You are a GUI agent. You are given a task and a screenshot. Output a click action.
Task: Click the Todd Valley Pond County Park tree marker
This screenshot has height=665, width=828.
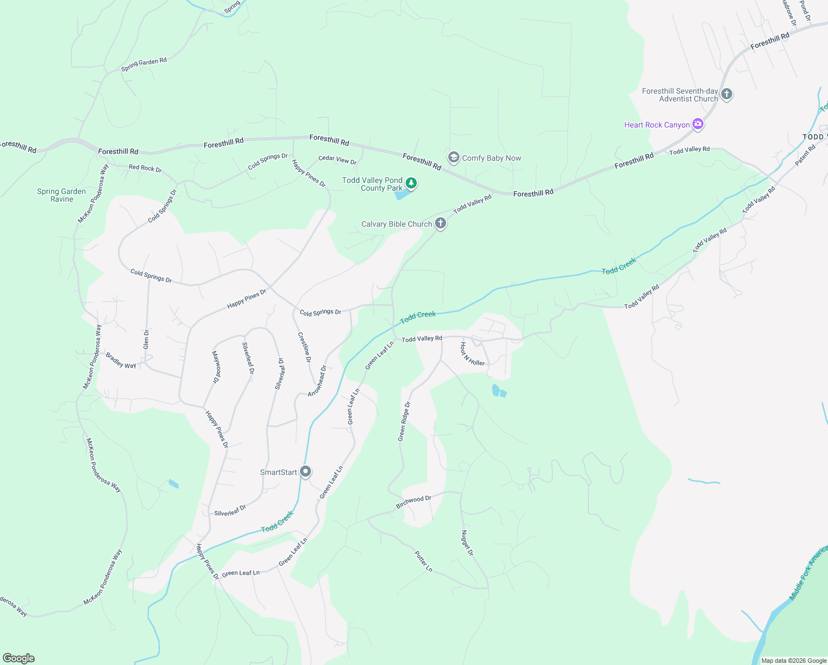click(411, 183)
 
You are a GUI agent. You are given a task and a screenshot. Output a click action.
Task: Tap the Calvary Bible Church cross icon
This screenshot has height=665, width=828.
click(441, 223)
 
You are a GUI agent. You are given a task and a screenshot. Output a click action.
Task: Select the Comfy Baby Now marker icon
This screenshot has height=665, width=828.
click(453, 158)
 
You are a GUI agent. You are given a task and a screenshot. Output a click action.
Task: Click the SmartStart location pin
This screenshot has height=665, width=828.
click(306, 472)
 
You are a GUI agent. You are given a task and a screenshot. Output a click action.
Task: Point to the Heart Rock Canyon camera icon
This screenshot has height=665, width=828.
click(698, 124)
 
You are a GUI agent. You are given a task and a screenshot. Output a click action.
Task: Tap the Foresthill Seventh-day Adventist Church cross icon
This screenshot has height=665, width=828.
click(727, 94)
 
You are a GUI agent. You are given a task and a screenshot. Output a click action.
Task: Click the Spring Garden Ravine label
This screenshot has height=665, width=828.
click(61, 195)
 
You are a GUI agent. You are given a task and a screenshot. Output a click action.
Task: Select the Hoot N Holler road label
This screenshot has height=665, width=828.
click(472, 354)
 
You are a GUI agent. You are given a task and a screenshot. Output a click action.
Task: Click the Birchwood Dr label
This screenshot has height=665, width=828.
click(413, 502)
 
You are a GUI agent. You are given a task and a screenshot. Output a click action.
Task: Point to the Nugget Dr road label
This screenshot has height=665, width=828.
click(467, 543)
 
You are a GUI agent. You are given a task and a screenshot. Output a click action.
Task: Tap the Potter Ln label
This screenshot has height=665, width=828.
click(423, 561)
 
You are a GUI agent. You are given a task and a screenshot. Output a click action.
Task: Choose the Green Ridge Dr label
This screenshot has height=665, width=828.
click(404, 422)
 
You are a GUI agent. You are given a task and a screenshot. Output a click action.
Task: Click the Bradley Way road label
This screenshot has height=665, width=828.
click(121, 361)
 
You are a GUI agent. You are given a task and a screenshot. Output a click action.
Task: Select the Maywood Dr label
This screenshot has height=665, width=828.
click(216, 367)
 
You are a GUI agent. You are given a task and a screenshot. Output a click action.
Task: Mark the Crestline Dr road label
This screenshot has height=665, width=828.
click(304, 347)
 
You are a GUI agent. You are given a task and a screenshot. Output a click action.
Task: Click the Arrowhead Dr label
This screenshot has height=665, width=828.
click(317, 381)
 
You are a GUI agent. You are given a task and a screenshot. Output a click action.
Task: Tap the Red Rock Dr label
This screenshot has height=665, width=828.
click(145, 168)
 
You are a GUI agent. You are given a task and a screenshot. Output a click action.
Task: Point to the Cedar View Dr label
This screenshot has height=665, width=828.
click(338, 160)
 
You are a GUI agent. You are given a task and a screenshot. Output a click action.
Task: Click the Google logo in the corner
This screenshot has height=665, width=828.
click(19, 658)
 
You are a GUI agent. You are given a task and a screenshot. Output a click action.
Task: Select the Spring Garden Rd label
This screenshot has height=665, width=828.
click(144, 65)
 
